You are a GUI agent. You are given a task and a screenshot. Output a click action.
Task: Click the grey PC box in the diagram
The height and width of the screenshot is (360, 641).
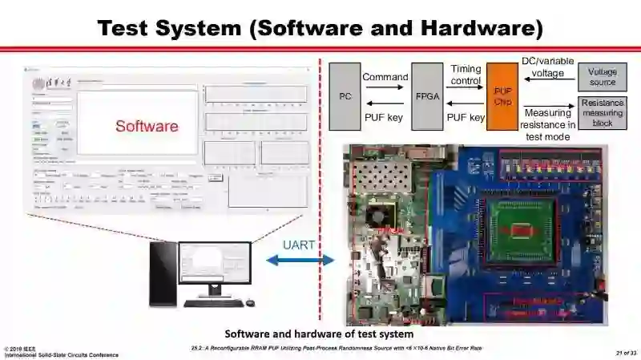(x=345, y=96)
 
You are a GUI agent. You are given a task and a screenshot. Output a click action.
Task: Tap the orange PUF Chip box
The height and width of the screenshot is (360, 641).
(x=502, y=96)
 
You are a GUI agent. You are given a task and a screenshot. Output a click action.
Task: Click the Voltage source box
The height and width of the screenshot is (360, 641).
(x=602, y=77)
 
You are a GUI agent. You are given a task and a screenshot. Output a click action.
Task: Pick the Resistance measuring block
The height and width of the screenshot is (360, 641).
(x=602, y=113)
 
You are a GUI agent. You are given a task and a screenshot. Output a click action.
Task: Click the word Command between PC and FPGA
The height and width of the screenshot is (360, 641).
(x=385, y=77)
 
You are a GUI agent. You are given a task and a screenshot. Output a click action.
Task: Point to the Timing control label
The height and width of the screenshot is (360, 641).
(x=466, y=75)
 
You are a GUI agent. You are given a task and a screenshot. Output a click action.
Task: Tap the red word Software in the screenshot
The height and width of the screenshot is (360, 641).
(x=147, y=126)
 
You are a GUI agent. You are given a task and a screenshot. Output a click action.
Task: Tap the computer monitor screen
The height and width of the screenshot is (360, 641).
(x=214, y=268)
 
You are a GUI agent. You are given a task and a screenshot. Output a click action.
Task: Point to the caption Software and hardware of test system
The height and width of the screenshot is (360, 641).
(x=319, y=334)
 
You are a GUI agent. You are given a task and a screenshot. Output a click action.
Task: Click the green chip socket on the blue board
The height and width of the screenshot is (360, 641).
(x=522, y=229)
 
